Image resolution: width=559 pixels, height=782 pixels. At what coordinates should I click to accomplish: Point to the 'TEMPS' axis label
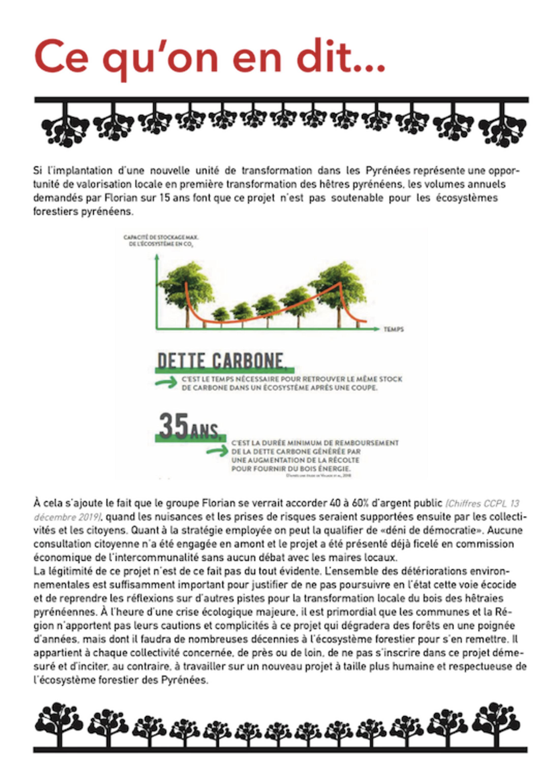coord(393,329)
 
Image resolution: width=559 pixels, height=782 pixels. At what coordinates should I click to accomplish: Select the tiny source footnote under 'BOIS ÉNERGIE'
coord(318,476)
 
